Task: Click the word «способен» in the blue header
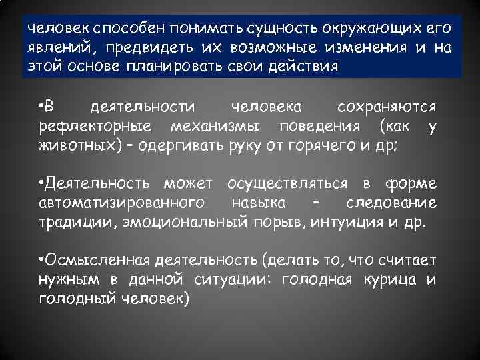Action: [x=129, y=30]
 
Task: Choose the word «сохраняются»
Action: [x=387, y=107]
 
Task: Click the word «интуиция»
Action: [x=345, y=221]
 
